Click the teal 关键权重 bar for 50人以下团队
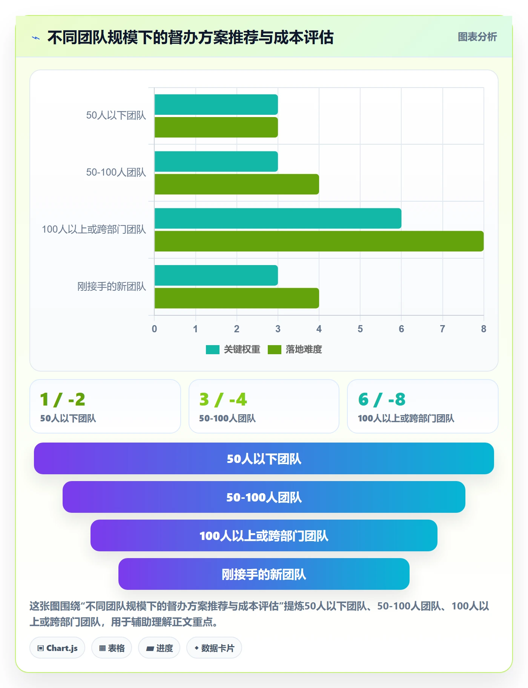[x=216, y=105]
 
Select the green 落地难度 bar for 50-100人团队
[x=237, y=184]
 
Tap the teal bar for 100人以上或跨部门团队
[x=278, y=218]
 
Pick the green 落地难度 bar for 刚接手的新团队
[x=237, y=298]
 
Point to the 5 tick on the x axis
[x=360, y=329]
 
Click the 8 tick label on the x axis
[x=483, y=329]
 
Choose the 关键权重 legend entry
[x=233, y=350]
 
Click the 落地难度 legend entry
[x=295, y=350]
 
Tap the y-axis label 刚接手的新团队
[x=112, y=287]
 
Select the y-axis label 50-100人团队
[x=116, y=173]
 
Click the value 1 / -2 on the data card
[x=63, y=400]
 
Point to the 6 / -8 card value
[x=382, y=400]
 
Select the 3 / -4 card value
[x=223, y=400]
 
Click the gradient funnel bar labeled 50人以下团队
[x=264, y=458]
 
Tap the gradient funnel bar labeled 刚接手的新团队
[x=264, y=574]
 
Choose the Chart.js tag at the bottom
[x=57, y=648]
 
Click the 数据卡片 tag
[x=214, y=648]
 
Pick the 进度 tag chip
[x=159, y=648]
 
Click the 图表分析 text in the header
[x=477, y=37]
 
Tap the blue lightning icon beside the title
[x=36, y=38]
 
